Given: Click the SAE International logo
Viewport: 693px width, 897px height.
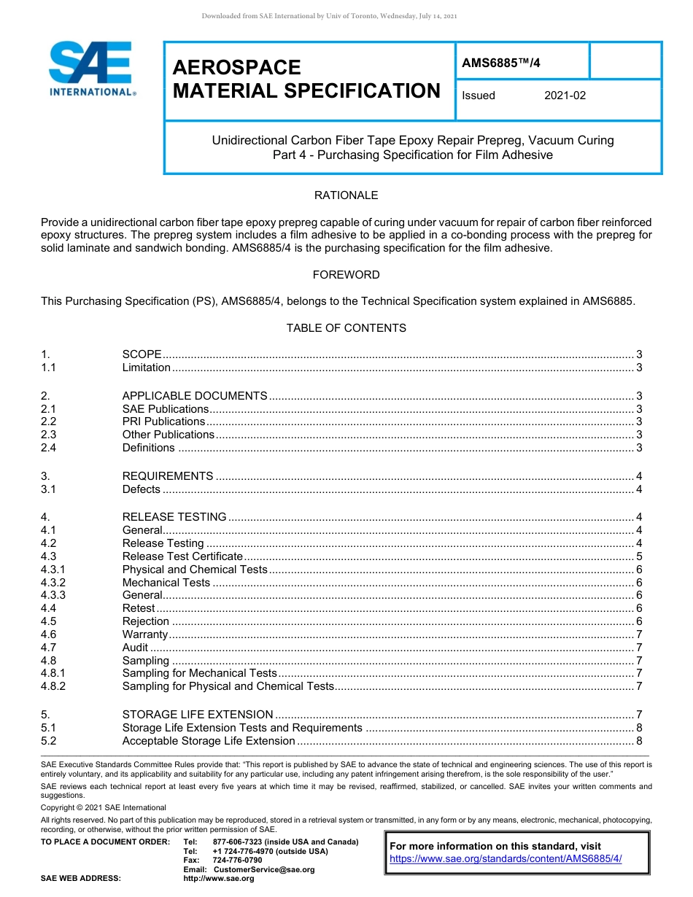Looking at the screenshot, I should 91,70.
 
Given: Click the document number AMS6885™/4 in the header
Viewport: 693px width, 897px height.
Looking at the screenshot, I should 500,63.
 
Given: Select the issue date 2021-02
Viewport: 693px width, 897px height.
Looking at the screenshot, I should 565,96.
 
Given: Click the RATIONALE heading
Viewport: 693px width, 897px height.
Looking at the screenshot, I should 346,195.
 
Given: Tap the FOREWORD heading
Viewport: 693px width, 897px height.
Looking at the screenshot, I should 346,275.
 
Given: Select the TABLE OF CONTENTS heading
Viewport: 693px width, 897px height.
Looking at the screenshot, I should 346,328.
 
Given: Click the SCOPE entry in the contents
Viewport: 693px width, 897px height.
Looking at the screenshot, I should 142,354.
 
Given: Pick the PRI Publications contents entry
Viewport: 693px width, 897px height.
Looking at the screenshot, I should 163,422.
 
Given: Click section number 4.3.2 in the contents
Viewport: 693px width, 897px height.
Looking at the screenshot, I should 53,583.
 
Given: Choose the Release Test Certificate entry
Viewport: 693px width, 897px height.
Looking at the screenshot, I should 182,556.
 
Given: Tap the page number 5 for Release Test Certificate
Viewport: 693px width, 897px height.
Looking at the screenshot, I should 639,556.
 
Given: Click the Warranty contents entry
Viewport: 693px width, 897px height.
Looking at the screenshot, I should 144,634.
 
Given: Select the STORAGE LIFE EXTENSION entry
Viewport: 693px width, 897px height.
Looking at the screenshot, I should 198,715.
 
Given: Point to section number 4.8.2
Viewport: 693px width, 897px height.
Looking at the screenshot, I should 53,686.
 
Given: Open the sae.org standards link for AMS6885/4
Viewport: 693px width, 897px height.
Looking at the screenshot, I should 506,859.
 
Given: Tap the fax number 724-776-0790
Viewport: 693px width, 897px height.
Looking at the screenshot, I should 237,861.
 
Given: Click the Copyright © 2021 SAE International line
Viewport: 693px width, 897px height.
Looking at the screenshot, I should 104,807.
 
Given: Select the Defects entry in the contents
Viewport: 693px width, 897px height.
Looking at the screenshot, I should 142,489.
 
